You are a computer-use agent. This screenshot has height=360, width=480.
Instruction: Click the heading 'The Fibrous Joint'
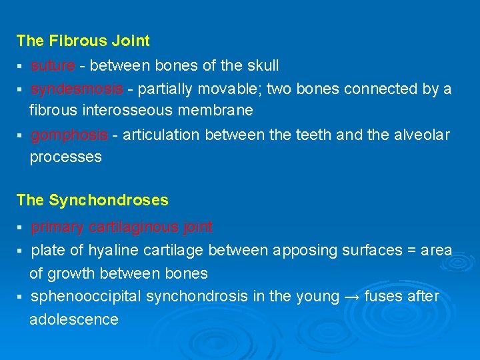pyautogui.click(x=83, y=41)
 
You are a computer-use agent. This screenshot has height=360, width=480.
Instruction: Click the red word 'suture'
pyautogui.click(x=53, y=65)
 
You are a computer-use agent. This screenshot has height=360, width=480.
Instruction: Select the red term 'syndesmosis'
pyautogui.click(x=77, y=89)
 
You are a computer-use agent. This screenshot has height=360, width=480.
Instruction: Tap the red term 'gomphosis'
pyautogui.click(x=69, y=135)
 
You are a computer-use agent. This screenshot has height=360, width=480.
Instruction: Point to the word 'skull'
pyautogui.click(x=262, y=65)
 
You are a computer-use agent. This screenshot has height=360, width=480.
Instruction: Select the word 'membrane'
pyautogui.click(x=221, y=109)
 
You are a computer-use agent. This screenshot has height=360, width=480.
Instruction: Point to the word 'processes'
pyautogui.click(x=65, y=157)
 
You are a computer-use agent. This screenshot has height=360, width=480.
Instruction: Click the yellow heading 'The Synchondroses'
pyautogui.click(x=92, y=200)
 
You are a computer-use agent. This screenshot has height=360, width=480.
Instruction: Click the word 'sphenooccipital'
pyautogui.click(x=84, y=297)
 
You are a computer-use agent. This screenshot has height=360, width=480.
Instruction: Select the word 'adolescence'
pyautogui.click(x=73, y=319)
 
